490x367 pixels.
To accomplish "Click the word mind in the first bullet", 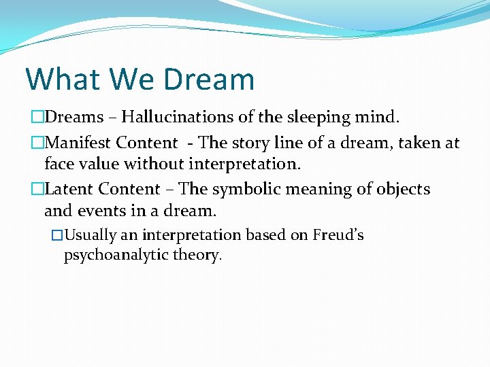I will [x=375, y=118].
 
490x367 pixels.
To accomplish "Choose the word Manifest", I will [x=76, y=143].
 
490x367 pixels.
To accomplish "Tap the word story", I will [x=261, y=143].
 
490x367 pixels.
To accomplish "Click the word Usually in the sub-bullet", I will [x=91, y=236].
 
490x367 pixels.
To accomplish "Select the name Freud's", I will [x=338, y=235].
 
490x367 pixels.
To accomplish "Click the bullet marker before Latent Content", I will [x=37, y=190].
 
